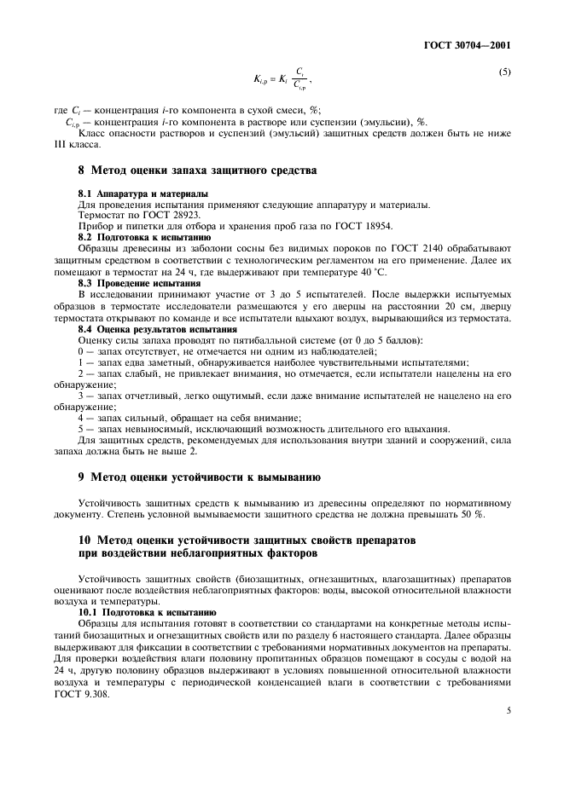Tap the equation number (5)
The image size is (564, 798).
[504, 72]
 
